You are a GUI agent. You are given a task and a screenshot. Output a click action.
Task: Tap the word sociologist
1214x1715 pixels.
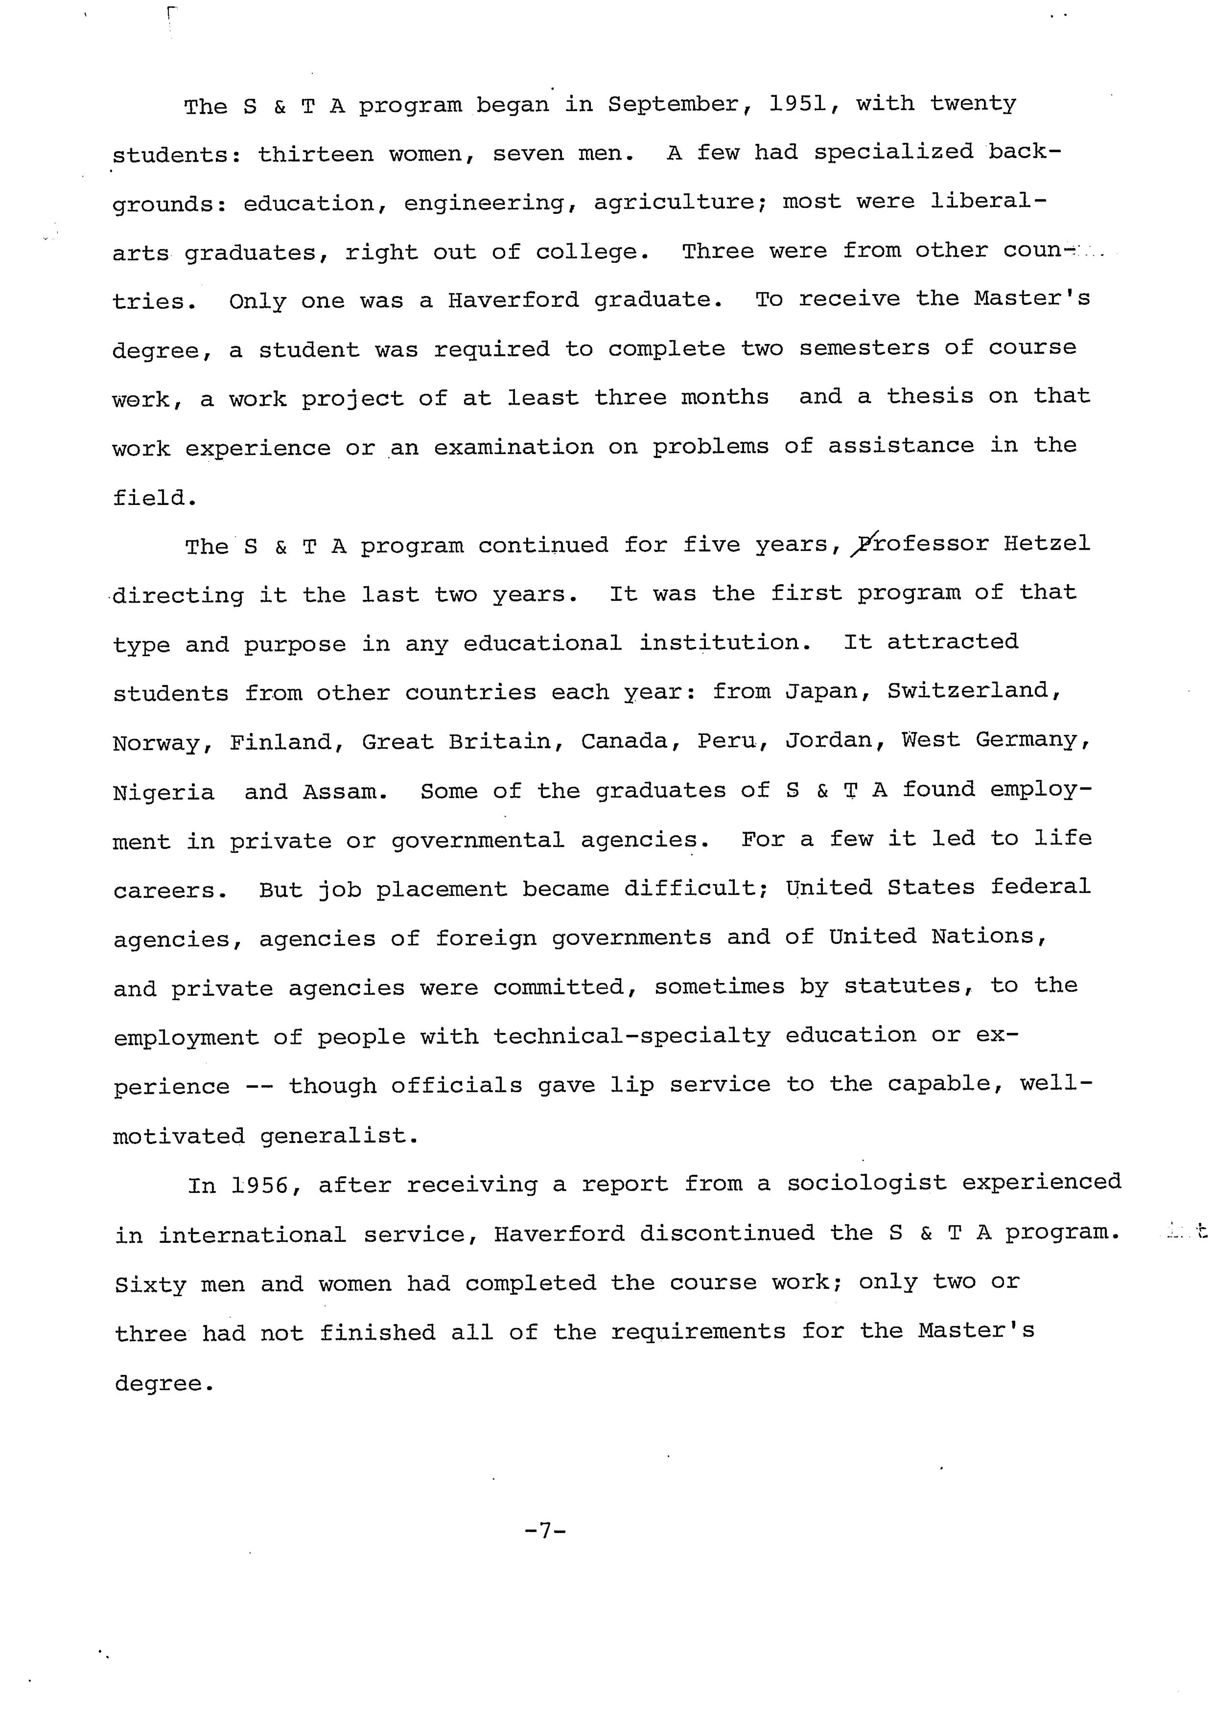point(866,1184)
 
